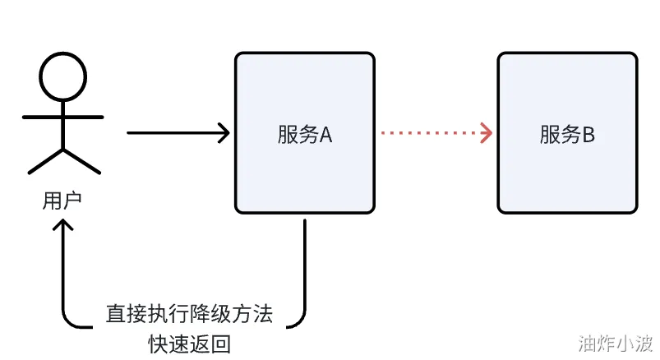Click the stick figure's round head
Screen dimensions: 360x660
(x=63, y=77)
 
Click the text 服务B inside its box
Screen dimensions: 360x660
(x=567, y=135)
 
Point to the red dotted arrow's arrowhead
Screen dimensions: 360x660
(x=487, y=132)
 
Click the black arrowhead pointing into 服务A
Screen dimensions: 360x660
(x=224, y=132)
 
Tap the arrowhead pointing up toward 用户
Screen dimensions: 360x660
(x=63, y=226)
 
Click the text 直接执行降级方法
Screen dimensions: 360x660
(x=189, y=314)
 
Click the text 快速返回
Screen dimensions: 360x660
(x=189, y=341)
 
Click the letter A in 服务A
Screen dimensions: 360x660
(x=325, y=135)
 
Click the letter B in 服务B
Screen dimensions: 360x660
(x=588, y=135)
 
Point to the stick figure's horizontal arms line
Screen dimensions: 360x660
(x=63, y=117)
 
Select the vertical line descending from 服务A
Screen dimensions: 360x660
(x=306, y=263)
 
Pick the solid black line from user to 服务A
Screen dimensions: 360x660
(x=173, y=132)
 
